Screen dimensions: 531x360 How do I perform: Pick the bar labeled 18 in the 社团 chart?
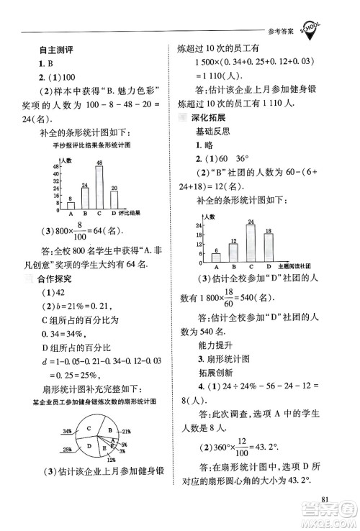pyautogui.click(x=268, y=243)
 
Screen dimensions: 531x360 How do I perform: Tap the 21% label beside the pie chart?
pyautogui.click(x=127, y=431)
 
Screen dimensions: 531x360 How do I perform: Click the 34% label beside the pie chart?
pyautogui.click(x=67, y=431)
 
